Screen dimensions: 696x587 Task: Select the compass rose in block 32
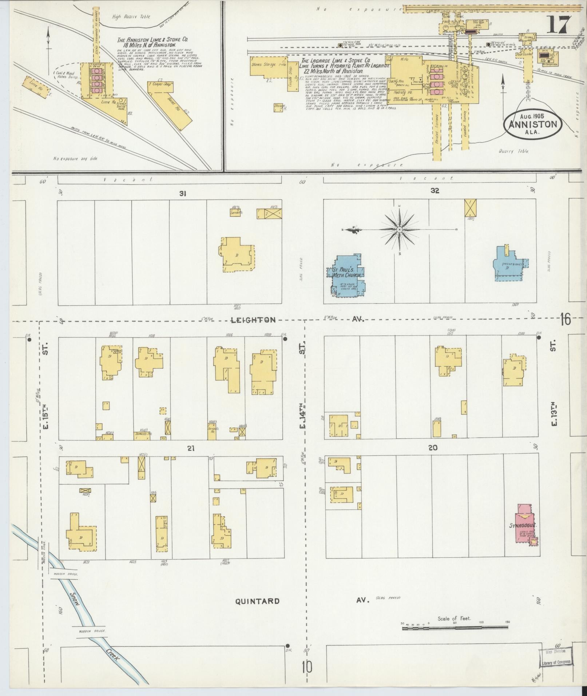coord(399,230)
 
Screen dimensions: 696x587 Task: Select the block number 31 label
coord(183,194)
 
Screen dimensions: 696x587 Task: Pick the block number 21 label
coord(191,449)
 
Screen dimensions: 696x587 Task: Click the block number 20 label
coord(433,448)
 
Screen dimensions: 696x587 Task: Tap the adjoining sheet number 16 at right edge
coord(566,320)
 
